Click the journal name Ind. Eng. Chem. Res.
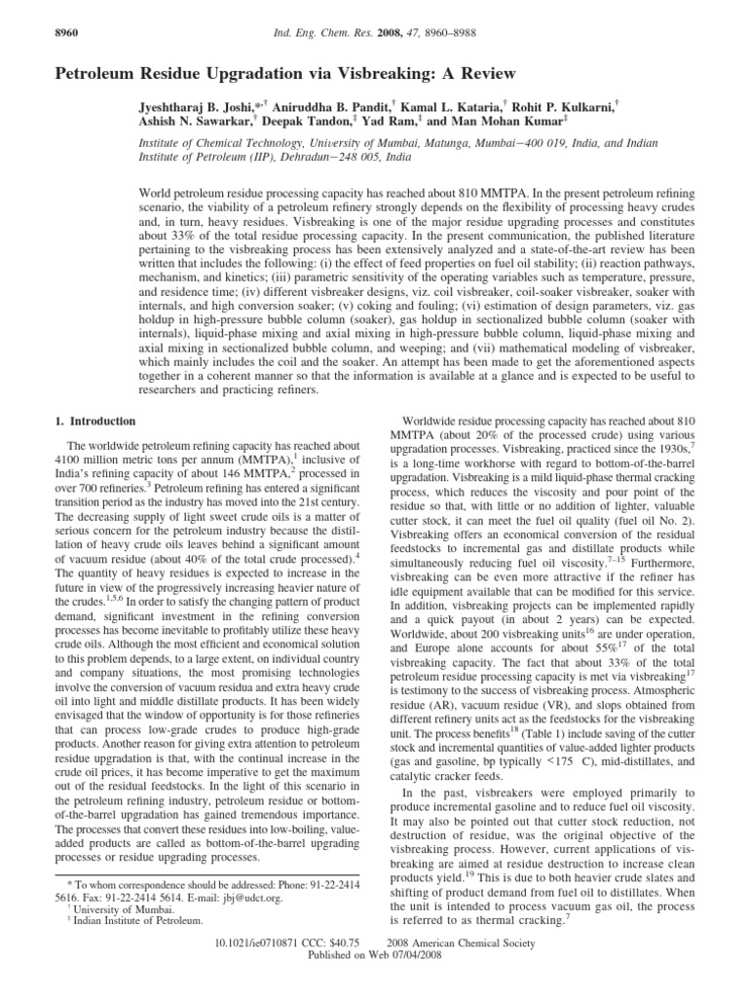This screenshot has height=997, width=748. click(324, 36)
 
